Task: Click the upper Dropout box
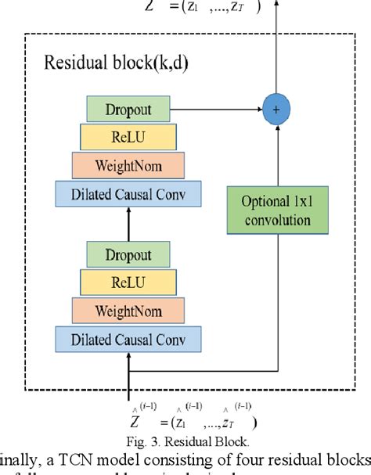coord(128,109)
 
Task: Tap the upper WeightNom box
coord(128,165)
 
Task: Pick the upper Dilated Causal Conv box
coord(128,193)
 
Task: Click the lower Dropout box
coord(128,255)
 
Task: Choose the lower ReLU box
coord(128,282)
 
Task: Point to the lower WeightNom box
coord(128,310)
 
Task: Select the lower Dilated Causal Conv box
coord(128,338)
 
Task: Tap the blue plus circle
coord(276,109)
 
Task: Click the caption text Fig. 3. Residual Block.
coord(187,440)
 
